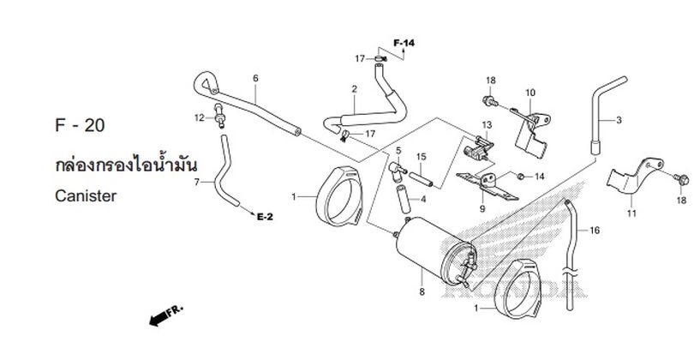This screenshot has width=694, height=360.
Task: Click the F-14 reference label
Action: [404, 43]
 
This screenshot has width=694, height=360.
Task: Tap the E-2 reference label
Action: [265, 217]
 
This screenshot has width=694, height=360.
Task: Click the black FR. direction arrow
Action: [166, 315]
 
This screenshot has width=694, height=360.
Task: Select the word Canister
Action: [86, 195]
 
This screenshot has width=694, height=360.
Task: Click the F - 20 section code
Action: [80, 125]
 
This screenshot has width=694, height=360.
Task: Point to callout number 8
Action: [422, 291]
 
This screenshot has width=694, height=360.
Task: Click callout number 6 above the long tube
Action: [255, 78]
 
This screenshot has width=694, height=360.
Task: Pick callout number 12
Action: [199, 117]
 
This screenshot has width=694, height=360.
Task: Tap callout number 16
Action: [595, 231]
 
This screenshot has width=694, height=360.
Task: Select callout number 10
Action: [530, 93]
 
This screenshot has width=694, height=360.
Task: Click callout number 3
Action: [619, 120]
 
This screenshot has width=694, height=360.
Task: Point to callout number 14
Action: [539, 177]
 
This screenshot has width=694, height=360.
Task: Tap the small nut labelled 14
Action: [521, 177]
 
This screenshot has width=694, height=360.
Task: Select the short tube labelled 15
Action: [421, 179]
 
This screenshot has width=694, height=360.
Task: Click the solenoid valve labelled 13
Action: [478, 147]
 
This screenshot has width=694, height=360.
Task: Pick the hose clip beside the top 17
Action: [380, 58]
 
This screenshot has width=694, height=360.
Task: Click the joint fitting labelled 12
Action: [219, 116]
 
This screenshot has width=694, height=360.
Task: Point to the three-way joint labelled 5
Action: [398, 171]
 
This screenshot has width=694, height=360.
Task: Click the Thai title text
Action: [126, 165]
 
